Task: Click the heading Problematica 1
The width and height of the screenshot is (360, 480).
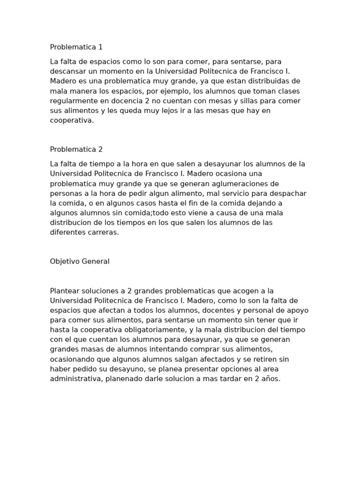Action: [76, 47]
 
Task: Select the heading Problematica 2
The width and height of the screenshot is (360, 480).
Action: [76, 150]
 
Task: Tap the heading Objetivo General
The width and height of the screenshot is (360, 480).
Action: [80, 262]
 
